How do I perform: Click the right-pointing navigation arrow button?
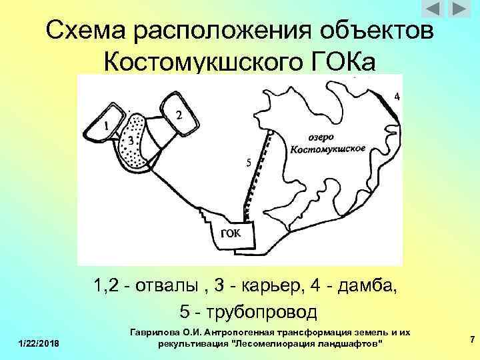click(x=459, y=10)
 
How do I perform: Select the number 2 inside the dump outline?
click(x=179, y=115)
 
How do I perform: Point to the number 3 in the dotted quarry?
click(x=130, y=141)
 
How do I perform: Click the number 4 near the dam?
click(x=397, y=97)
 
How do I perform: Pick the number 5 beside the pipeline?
click(x=248, y=162)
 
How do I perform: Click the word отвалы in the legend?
click(x=166, y=287)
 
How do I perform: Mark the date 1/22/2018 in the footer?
click(x=38, y=343)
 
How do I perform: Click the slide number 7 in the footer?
click(x=472, y=341)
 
